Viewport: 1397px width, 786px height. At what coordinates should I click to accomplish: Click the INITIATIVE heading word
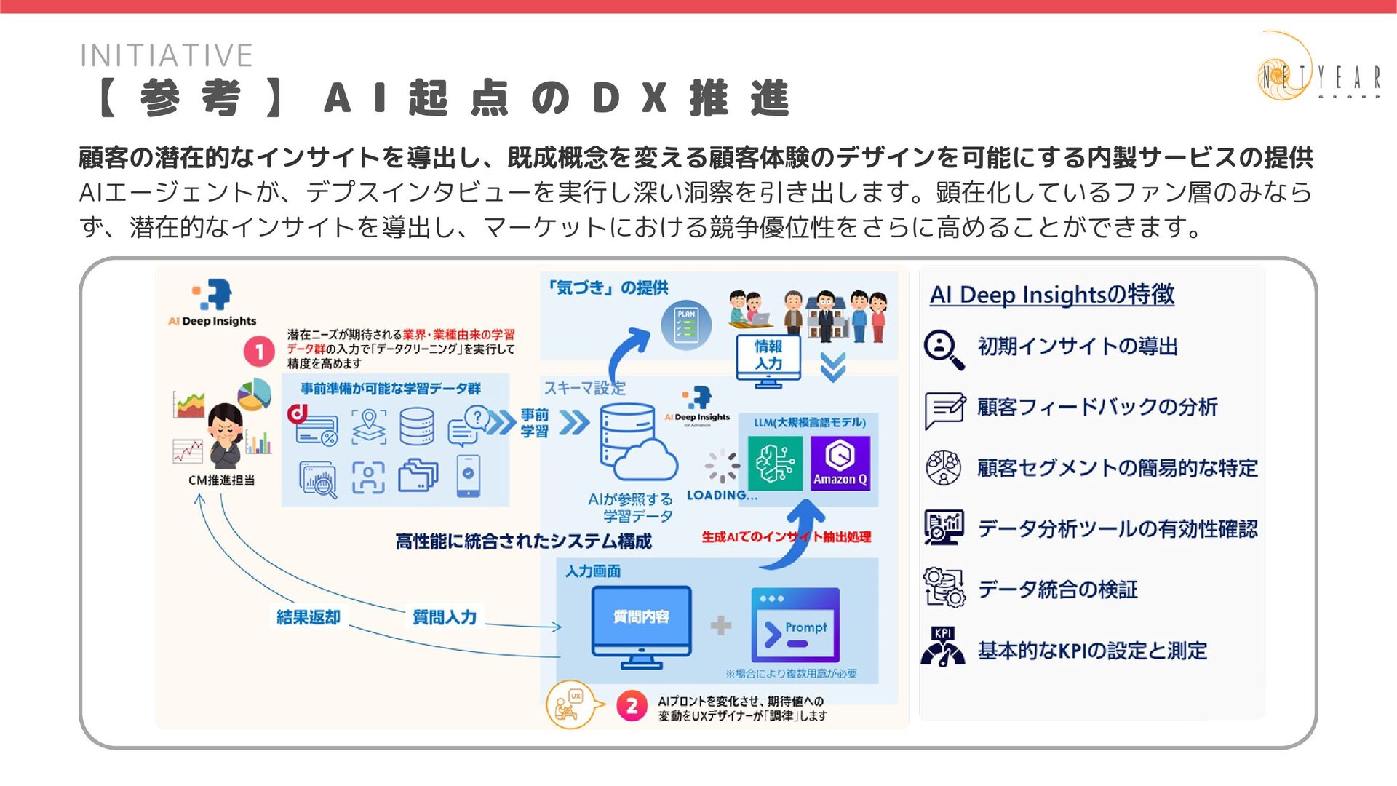click(x=167, y=56)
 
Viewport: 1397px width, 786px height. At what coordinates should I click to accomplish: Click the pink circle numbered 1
click(x=258, y=352)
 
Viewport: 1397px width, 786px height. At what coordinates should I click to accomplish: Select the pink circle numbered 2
click(x=632, y=706)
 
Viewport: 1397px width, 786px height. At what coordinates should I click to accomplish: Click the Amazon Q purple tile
click(x=840, y=463)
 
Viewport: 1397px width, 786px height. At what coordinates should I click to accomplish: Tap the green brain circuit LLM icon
click(x=775, y=463)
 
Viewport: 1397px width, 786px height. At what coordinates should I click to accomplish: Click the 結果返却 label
click(x=309, y=617)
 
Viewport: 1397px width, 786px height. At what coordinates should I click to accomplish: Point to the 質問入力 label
click(x=445, y=617)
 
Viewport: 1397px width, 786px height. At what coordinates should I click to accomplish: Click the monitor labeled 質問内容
click(x=641, y=624)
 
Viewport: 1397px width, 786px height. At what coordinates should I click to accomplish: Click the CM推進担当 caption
click(x=221, y=480)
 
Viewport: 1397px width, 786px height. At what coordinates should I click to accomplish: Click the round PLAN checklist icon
click(x=685, y=325)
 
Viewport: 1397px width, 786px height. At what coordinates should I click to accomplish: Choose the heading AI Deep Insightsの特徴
click(x=1051, y=295)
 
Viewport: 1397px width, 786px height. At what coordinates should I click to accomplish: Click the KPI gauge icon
click(x=943, y=648)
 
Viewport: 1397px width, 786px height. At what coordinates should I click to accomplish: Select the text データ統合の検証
click(x=1057, y=589)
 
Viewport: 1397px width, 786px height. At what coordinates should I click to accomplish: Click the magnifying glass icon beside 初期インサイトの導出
click(x=944, y=349)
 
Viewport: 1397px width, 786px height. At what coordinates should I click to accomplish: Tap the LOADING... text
click(x=722, y=495)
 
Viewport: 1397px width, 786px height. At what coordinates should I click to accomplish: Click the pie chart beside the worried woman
click(x=254, y=394)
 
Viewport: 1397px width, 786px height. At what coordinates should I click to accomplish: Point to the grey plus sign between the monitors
click(x=720, y=625)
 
